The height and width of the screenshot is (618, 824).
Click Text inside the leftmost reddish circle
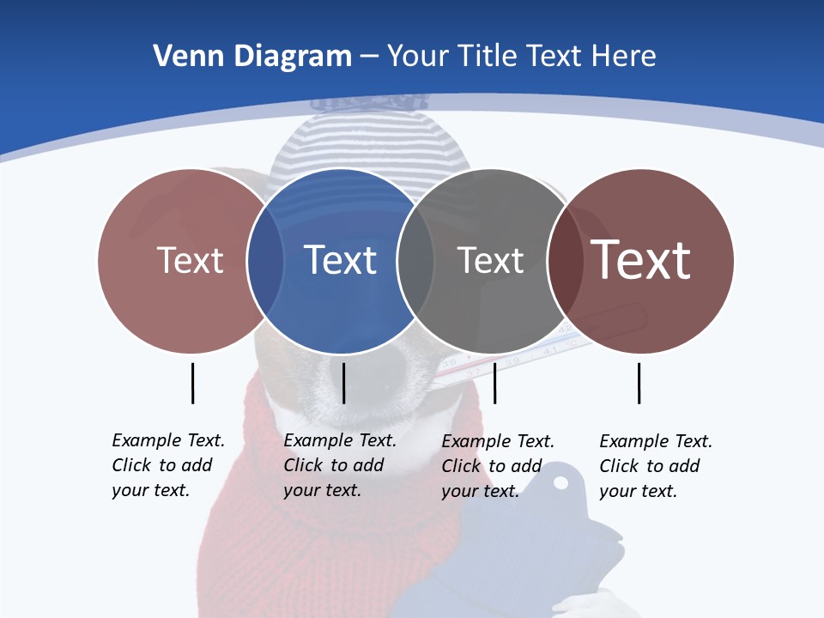190,260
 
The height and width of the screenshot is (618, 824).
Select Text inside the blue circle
340,260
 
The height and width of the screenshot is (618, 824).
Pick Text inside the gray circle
490,260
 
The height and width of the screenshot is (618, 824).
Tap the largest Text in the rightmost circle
641,260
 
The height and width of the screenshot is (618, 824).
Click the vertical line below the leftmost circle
192,383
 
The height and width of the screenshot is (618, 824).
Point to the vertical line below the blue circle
343,383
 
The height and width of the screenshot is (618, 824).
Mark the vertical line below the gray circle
494,383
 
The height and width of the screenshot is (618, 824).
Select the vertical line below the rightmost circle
639,383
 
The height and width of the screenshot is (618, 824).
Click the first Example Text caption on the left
167,465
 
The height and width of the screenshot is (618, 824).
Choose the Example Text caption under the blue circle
339,465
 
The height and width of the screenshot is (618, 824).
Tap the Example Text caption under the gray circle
497,466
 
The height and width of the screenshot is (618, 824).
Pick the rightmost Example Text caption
655,466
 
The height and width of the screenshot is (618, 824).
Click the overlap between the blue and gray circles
415,260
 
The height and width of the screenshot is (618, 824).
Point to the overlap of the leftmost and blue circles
265,260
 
